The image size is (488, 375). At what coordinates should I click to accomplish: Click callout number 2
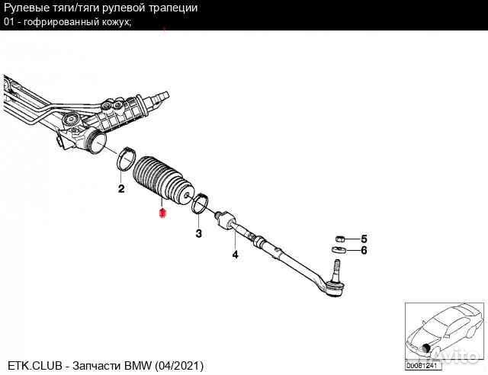pyautogui.click(x=120, y=188)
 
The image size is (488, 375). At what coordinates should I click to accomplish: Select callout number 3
pyautogui.click(x=198, y=233)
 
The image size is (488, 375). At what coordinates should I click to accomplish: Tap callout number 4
pyautogui.click(x=235, y=255)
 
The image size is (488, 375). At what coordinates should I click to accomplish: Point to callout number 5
pyautogui.click(x=364, y=239)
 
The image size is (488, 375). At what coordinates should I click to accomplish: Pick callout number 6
pyautogui.click(x=364, y=250)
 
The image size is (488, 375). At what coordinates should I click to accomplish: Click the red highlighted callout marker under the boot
pyautogui.click(x=160, y=214)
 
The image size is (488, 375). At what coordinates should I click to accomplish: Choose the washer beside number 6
pyautogui.click(x=339, y=249)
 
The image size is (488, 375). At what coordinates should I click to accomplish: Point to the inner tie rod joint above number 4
pyautogui.click(x=226, y=220)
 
